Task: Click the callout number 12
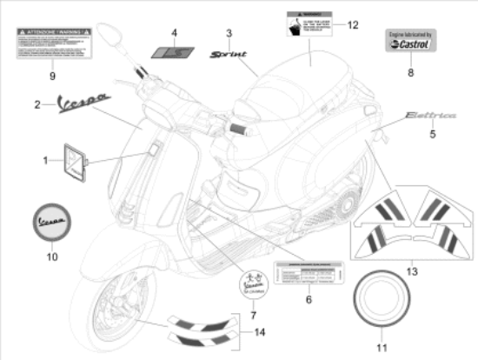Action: [x=353, y=24]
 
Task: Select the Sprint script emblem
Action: [x=229, y=54]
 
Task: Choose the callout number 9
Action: [x=51, y=76]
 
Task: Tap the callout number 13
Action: [x=411, y=272]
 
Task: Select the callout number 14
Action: [x=258, y=331]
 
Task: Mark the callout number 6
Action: [x=309, y=299]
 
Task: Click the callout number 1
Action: [x=46, y=161]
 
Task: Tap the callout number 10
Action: [x=51, y=257]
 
